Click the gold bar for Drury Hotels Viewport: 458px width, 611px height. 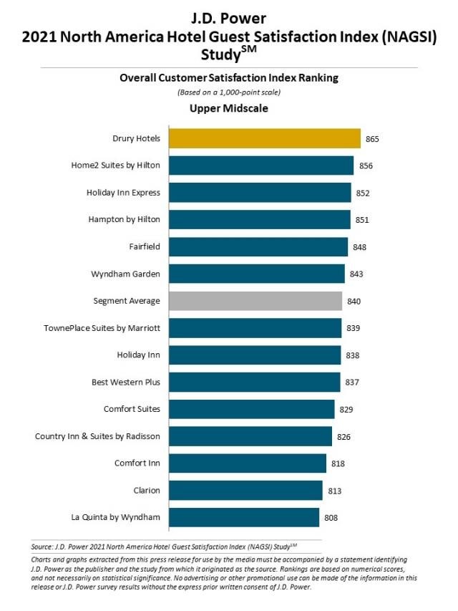click(x=264, y=138)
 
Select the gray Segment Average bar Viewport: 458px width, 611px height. click(x=255, y=301)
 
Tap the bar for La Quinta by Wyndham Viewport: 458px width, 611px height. click(x=243, y=517)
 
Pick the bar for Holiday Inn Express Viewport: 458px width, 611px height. click(x=260, y=192)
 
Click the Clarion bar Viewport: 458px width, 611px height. click(x=245, y=490)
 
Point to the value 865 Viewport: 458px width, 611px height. click(x=371, y=138)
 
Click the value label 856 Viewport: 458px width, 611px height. click(x=366, y=165)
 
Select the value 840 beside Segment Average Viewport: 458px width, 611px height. click(x=354, y=301)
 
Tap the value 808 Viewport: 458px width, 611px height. click(x=331, y=517)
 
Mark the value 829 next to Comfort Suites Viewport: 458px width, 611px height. click(x=346, y=409)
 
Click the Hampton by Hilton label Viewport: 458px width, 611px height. click(x=125, y=219)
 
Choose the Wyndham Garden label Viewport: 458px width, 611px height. click(x=126, y=274)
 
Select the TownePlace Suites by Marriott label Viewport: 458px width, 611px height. click(x=102, y=328)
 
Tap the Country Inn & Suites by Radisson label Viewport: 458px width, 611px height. click(x=97, y=436)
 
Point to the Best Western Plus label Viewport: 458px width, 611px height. click(x=126, y=382)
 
